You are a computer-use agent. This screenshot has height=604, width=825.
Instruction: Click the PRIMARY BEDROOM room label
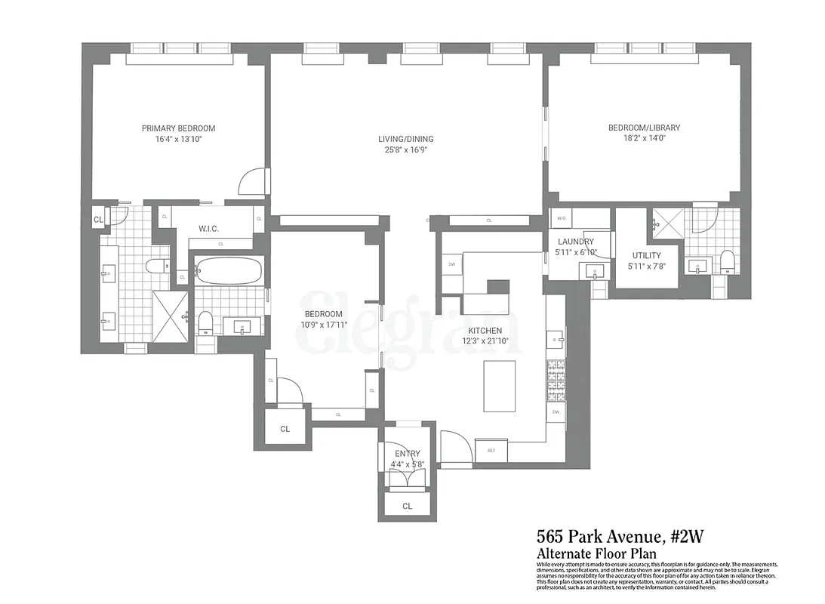click(178, 128)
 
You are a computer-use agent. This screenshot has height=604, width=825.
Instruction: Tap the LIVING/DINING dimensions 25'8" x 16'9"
click(406, 150)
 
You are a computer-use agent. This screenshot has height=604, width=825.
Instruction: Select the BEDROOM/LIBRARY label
click(644, 128)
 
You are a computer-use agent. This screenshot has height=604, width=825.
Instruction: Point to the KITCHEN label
click(485, 331)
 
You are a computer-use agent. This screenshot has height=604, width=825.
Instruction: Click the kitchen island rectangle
click(499, 386)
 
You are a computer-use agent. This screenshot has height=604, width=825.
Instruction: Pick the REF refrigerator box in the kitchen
click(491, 451)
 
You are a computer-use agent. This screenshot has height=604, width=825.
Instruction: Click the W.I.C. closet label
click(208, 229)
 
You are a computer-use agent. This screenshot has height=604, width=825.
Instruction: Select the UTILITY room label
click(644, 255)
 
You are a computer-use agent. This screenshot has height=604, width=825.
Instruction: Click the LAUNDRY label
click(576, 242)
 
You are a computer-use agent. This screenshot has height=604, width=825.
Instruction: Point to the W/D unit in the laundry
click(561, 218)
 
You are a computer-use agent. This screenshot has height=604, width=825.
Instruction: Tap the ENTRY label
click(407, 454)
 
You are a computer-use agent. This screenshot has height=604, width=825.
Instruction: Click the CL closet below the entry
click(407, 506)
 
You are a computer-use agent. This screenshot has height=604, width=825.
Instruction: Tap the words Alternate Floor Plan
click(591, 553)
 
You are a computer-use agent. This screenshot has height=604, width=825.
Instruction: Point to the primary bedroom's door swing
click(252, 181)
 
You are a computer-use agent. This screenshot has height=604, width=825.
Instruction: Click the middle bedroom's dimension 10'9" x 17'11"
click(323, 325)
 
